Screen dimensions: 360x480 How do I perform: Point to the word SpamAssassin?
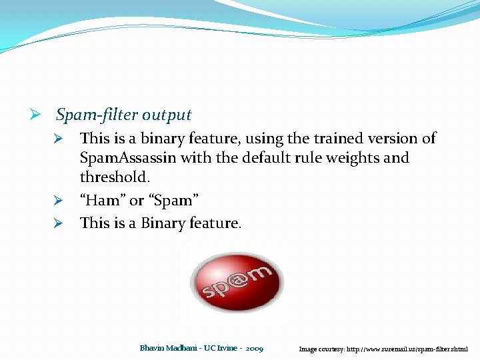(128, 158)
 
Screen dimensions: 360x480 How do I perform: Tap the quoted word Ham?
(102, 200)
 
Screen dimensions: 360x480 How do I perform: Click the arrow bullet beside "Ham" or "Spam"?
(59, 201)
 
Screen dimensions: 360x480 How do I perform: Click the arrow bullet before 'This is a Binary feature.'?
(59, 223)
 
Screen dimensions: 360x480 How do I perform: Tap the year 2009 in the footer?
(254, 349)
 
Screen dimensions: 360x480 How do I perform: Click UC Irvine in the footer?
(220, 349)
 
